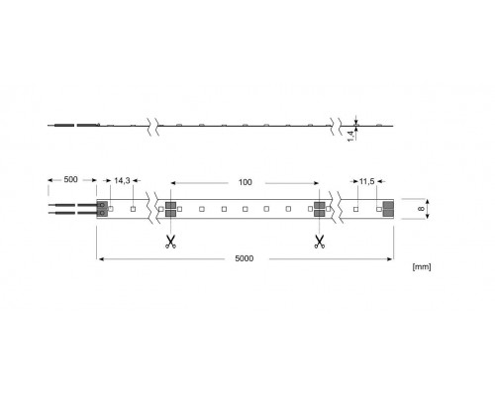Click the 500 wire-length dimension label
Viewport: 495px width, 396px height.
tap(70, 181)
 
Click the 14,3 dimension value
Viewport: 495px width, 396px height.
tap(123, 181)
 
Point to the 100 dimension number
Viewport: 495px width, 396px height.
tap(246, 181)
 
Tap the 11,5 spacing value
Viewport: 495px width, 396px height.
tap(366, 181)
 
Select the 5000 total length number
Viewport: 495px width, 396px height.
tap(245, 259)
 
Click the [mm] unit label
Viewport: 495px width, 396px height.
tap(422, 267)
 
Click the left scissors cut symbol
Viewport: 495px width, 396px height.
tap(169, 240)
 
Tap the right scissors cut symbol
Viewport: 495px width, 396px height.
tap(319, 240)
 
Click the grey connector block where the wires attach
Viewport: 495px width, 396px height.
tap(102, 209)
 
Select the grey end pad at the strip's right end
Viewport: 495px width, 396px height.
tap(387, 209)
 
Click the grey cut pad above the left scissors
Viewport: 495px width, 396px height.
tap(170, 209)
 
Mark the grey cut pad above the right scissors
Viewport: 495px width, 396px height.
tap(319, 209)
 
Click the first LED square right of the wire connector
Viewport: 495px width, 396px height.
tap(113, 209)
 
